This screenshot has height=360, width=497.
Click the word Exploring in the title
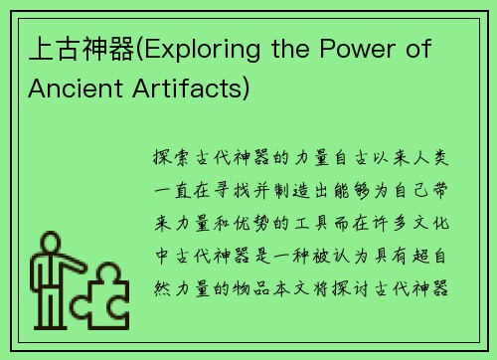coord(213,49)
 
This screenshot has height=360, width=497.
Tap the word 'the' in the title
coord(297,49)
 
